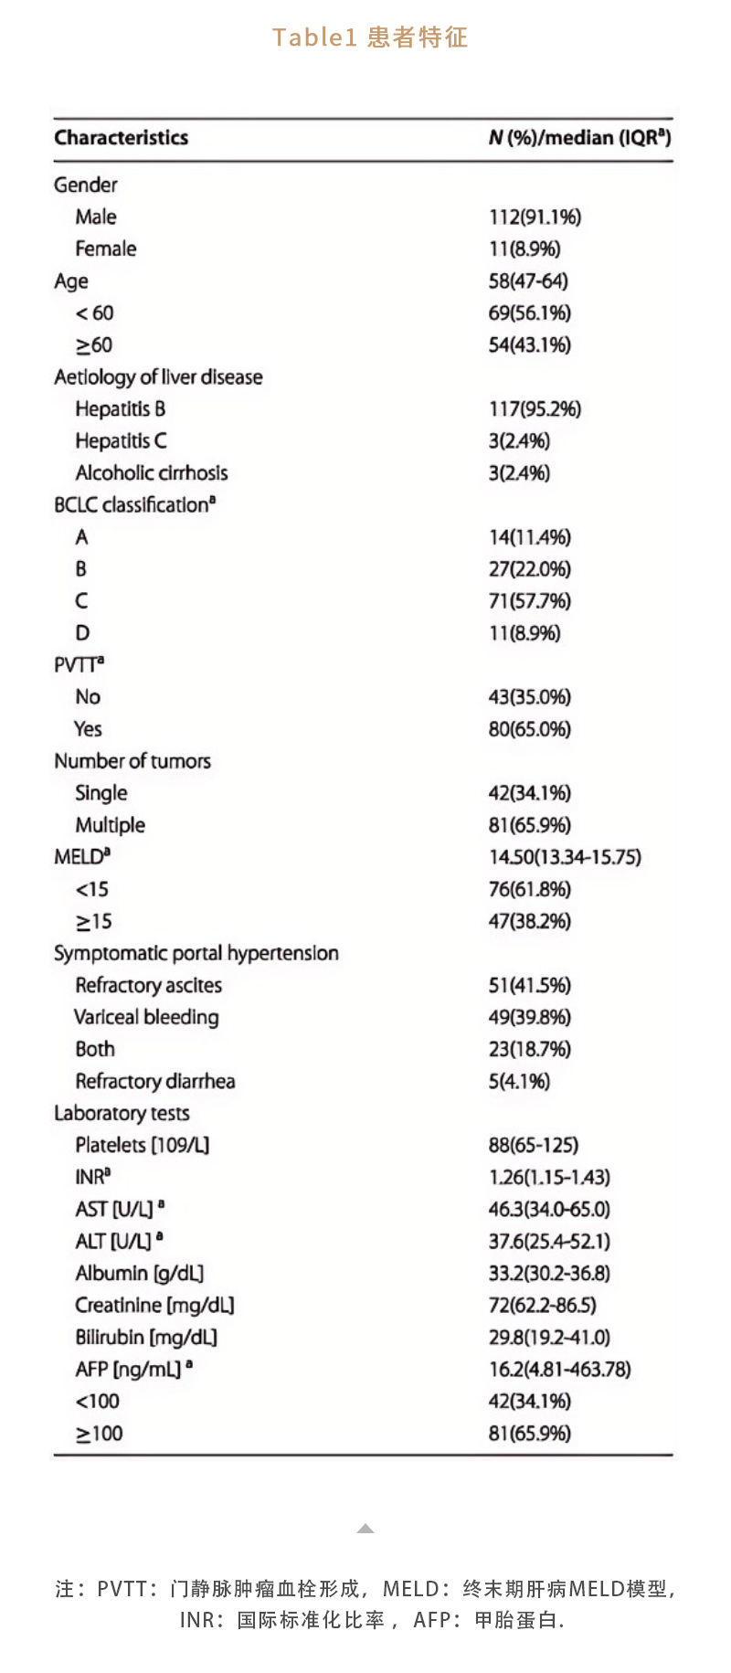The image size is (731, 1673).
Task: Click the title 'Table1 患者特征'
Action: click(370, 37)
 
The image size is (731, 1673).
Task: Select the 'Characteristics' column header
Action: click(121, 138)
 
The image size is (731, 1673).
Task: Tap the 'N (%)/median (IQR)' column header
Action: click(579, 138)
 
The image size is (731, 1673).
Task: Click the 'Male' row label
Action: click(96, 217)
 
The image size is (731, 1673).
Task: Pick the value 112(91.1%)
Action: click(535, 217)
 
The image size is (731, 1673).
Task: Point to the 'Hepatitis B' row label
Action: click(121, 409)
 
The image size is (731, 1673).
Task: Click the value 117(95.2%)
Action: click(535, 409)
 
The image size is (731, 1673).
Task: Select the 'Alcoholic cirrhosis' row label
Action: click(152, 473)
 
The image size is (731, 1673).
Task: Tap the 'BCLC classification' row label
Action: click(134, 505)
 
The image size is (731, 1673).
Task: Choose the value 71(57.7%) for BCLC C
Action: click(529, 601)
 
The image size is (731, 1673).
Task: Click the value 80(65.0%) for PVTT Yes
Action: click(529, 729)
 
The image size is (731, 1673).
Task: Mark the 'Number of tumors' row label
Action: click(132, 761)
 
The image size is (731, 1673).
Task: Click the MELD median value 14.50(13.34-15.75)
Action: click(565, 857)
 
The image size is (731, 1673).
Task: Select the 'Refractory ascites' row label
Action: click(149, 985)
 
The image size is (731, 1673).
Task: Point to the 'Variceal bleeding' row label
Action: click(146, 1017)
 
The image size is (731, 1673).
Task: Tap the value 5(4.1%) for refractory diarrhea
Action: click(519, 1082)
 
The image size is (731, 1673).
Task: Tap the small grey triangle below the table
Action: click(365, 1528)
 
